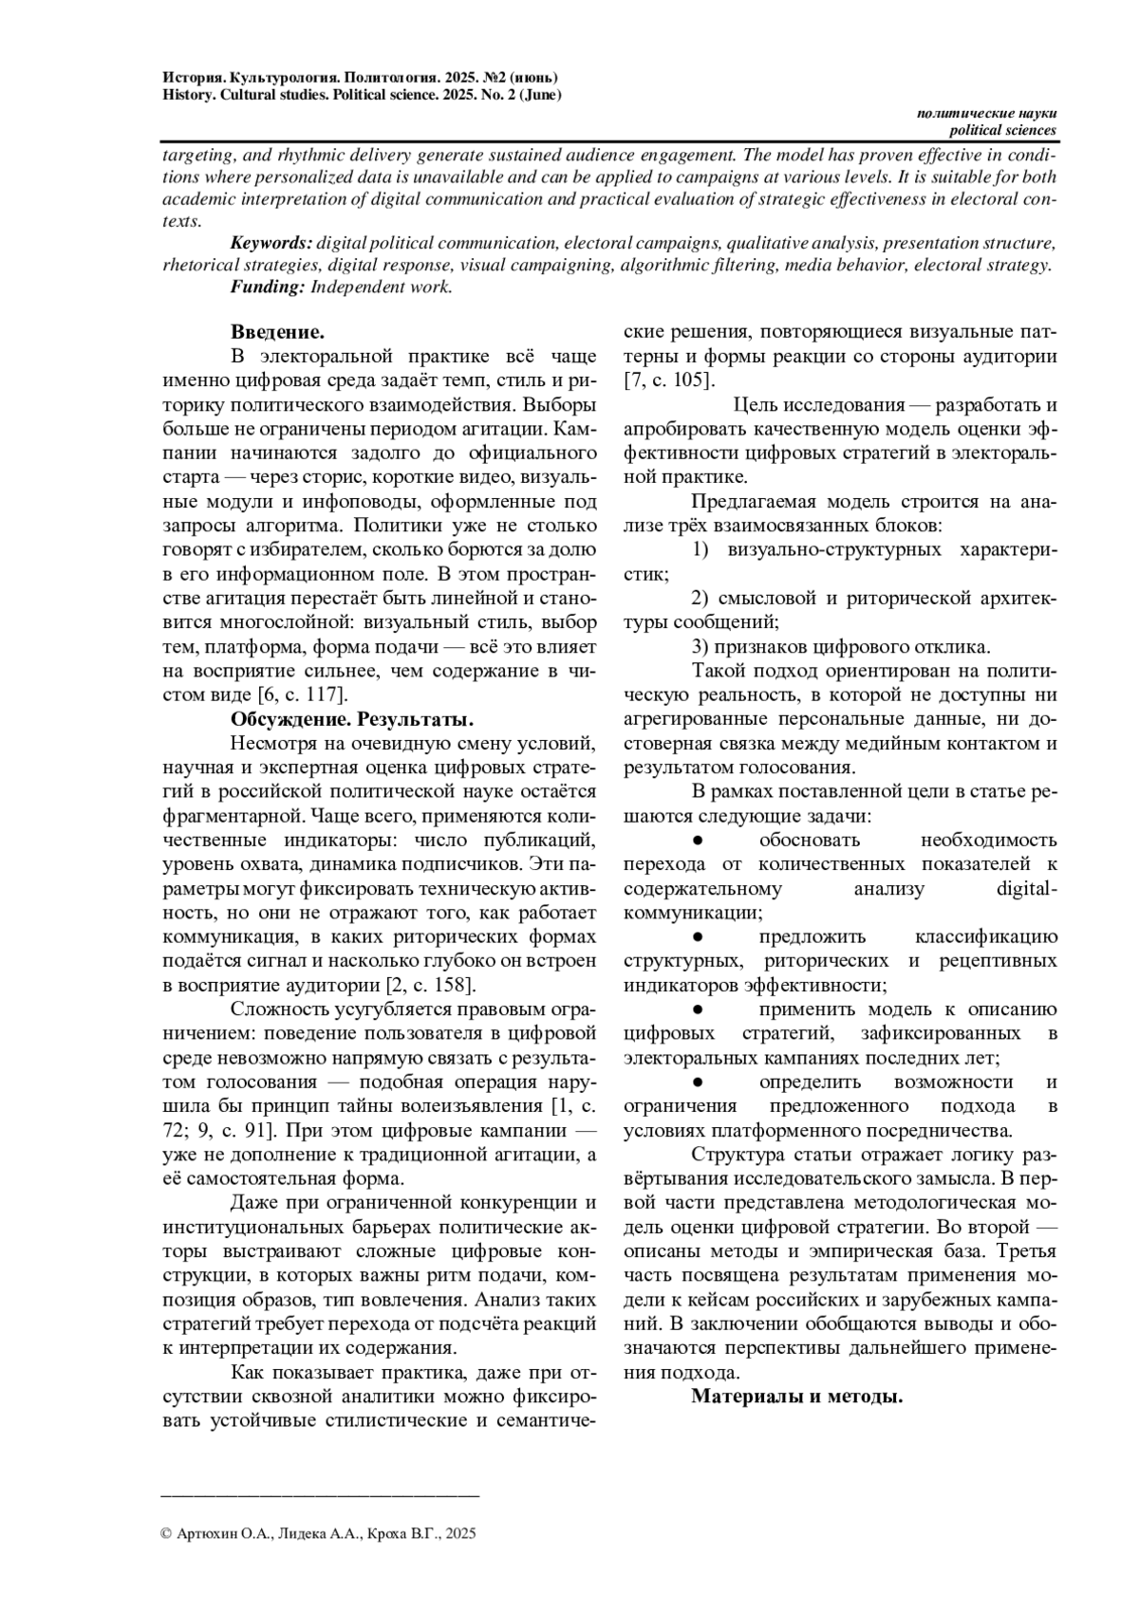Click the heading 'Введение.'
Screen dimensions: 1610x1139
pos(277,332)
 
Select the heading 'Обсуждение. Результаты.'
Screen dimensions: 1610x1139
pos(352,718)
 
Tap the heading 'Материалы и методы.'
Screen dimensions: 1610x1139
pos(796,1396)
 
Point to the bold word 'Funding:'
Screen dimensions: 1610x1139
pos(267,287)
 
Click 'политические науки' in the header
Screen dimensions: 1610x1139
pos(986,113)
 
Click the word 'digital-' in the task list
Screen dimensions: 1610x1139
pos(1028,889)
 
